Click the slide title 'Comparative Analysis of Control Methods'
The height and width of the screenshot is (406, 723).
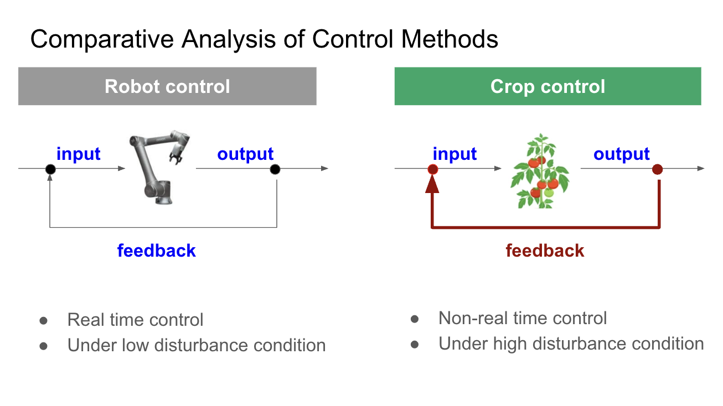[x=264, y=39]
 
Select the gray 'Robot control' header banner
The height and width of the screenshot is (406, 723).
[x=167, y=86]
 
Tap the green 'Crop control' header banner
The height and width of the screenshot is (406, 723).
[x=548, y=86]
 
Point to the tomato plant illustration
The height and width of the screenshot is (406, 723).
[x=540, y=171]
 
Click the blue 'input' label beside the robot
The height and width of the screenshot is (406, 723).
[x=79, y=153]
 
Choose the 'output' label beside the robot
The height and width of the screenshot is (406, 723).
[x=245, y=154]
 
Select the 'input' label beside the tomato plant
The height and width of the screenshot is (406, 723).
[x=455, y=154]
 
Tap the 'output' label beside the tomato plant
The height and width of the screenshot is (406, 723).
[x=621, y=154]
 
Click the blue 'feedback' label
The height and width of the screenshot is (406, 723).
[x=157, y=250]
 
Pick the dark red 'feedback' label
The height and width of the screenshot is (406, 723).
[x=545, y=250]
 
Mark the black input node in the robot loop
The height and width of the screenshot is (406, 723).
[x=50, y=169]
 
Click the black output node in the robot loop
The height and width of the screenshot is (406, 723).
[x=275, y=169]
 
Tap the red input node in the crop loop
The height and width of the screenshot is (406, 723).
[x=433, y=169]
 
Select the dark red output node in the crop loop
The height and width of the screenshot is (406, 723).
[x=657, y=169]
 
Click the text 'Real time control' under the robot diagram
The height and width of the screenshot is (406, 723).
[x=135, y=320]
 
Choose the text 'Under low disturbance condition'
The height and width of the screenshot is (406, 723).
[x=197, y=345]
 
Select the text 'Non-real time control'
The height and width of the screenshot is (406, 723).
[x=523, y=318]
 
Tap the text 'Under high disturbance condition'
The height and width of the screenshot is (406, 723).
[x=571, y=343]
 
